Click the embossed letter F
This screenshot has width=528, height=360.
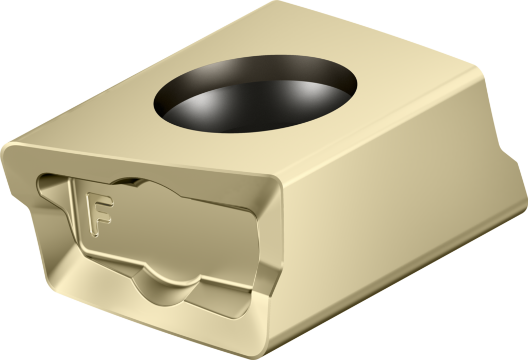(x=98, y=213)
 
